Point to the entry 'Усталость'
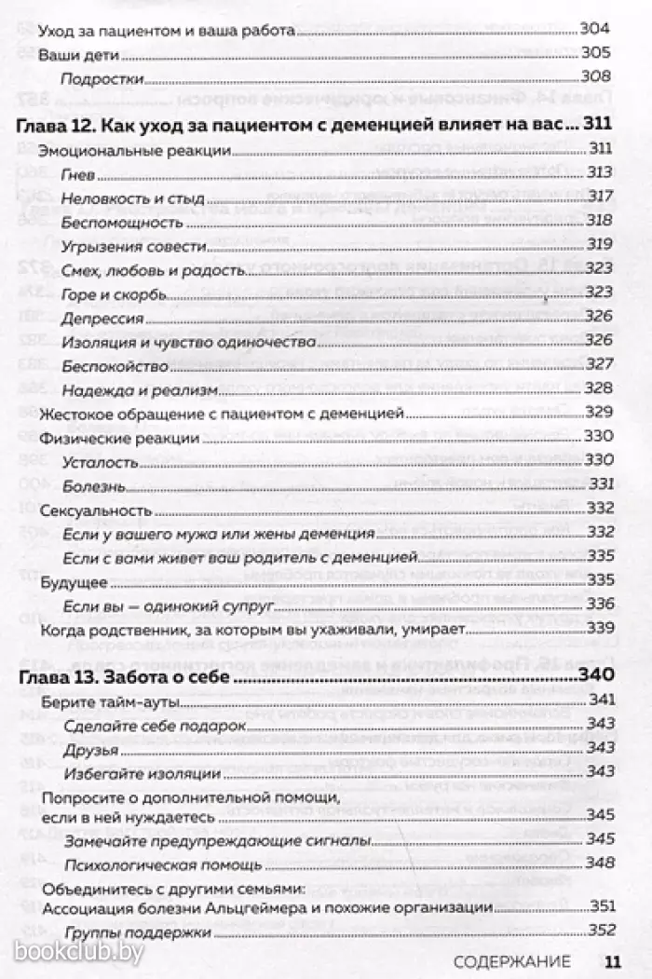pyautogui.click(x=99, y=460)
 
